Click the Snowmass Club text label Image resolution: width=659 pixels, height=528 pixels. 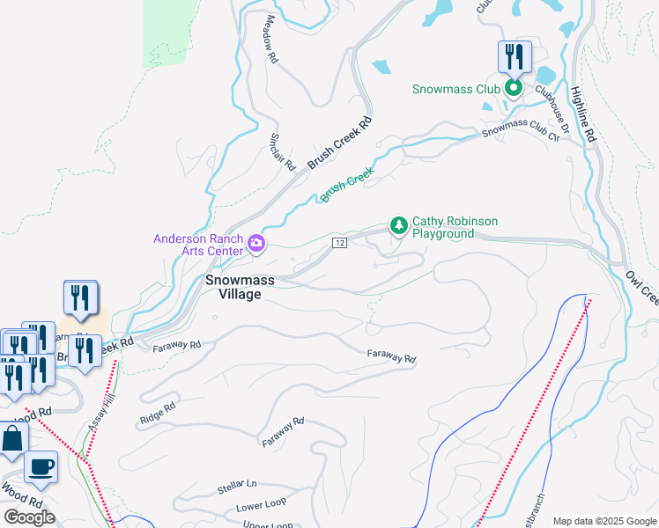click(455, 89)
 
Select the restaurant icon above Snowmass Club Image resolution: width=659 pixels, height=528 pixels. click(515, 58)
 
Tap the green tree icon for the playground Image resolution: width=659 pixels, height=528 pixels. click(399, 226)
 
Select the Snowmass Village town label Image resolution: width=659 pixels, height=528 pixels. click(240, 287)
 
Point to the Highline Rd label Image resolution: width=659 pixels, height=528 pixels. click(583, 114)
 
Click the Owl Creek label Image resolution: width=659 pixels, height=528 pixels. click(640, 288)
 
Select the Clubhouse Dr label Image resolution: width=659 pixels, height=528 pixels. click(557, 115)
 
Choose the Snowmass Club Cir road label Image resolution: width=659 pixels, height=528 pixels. click(521, 133)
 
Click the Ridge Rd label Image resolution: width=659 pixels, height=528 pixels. click(157, 414)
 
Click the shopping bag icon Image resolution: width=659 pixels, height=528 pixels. click(11, 440)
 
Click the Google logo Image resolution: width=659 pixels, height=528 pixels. click(29, 517)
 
